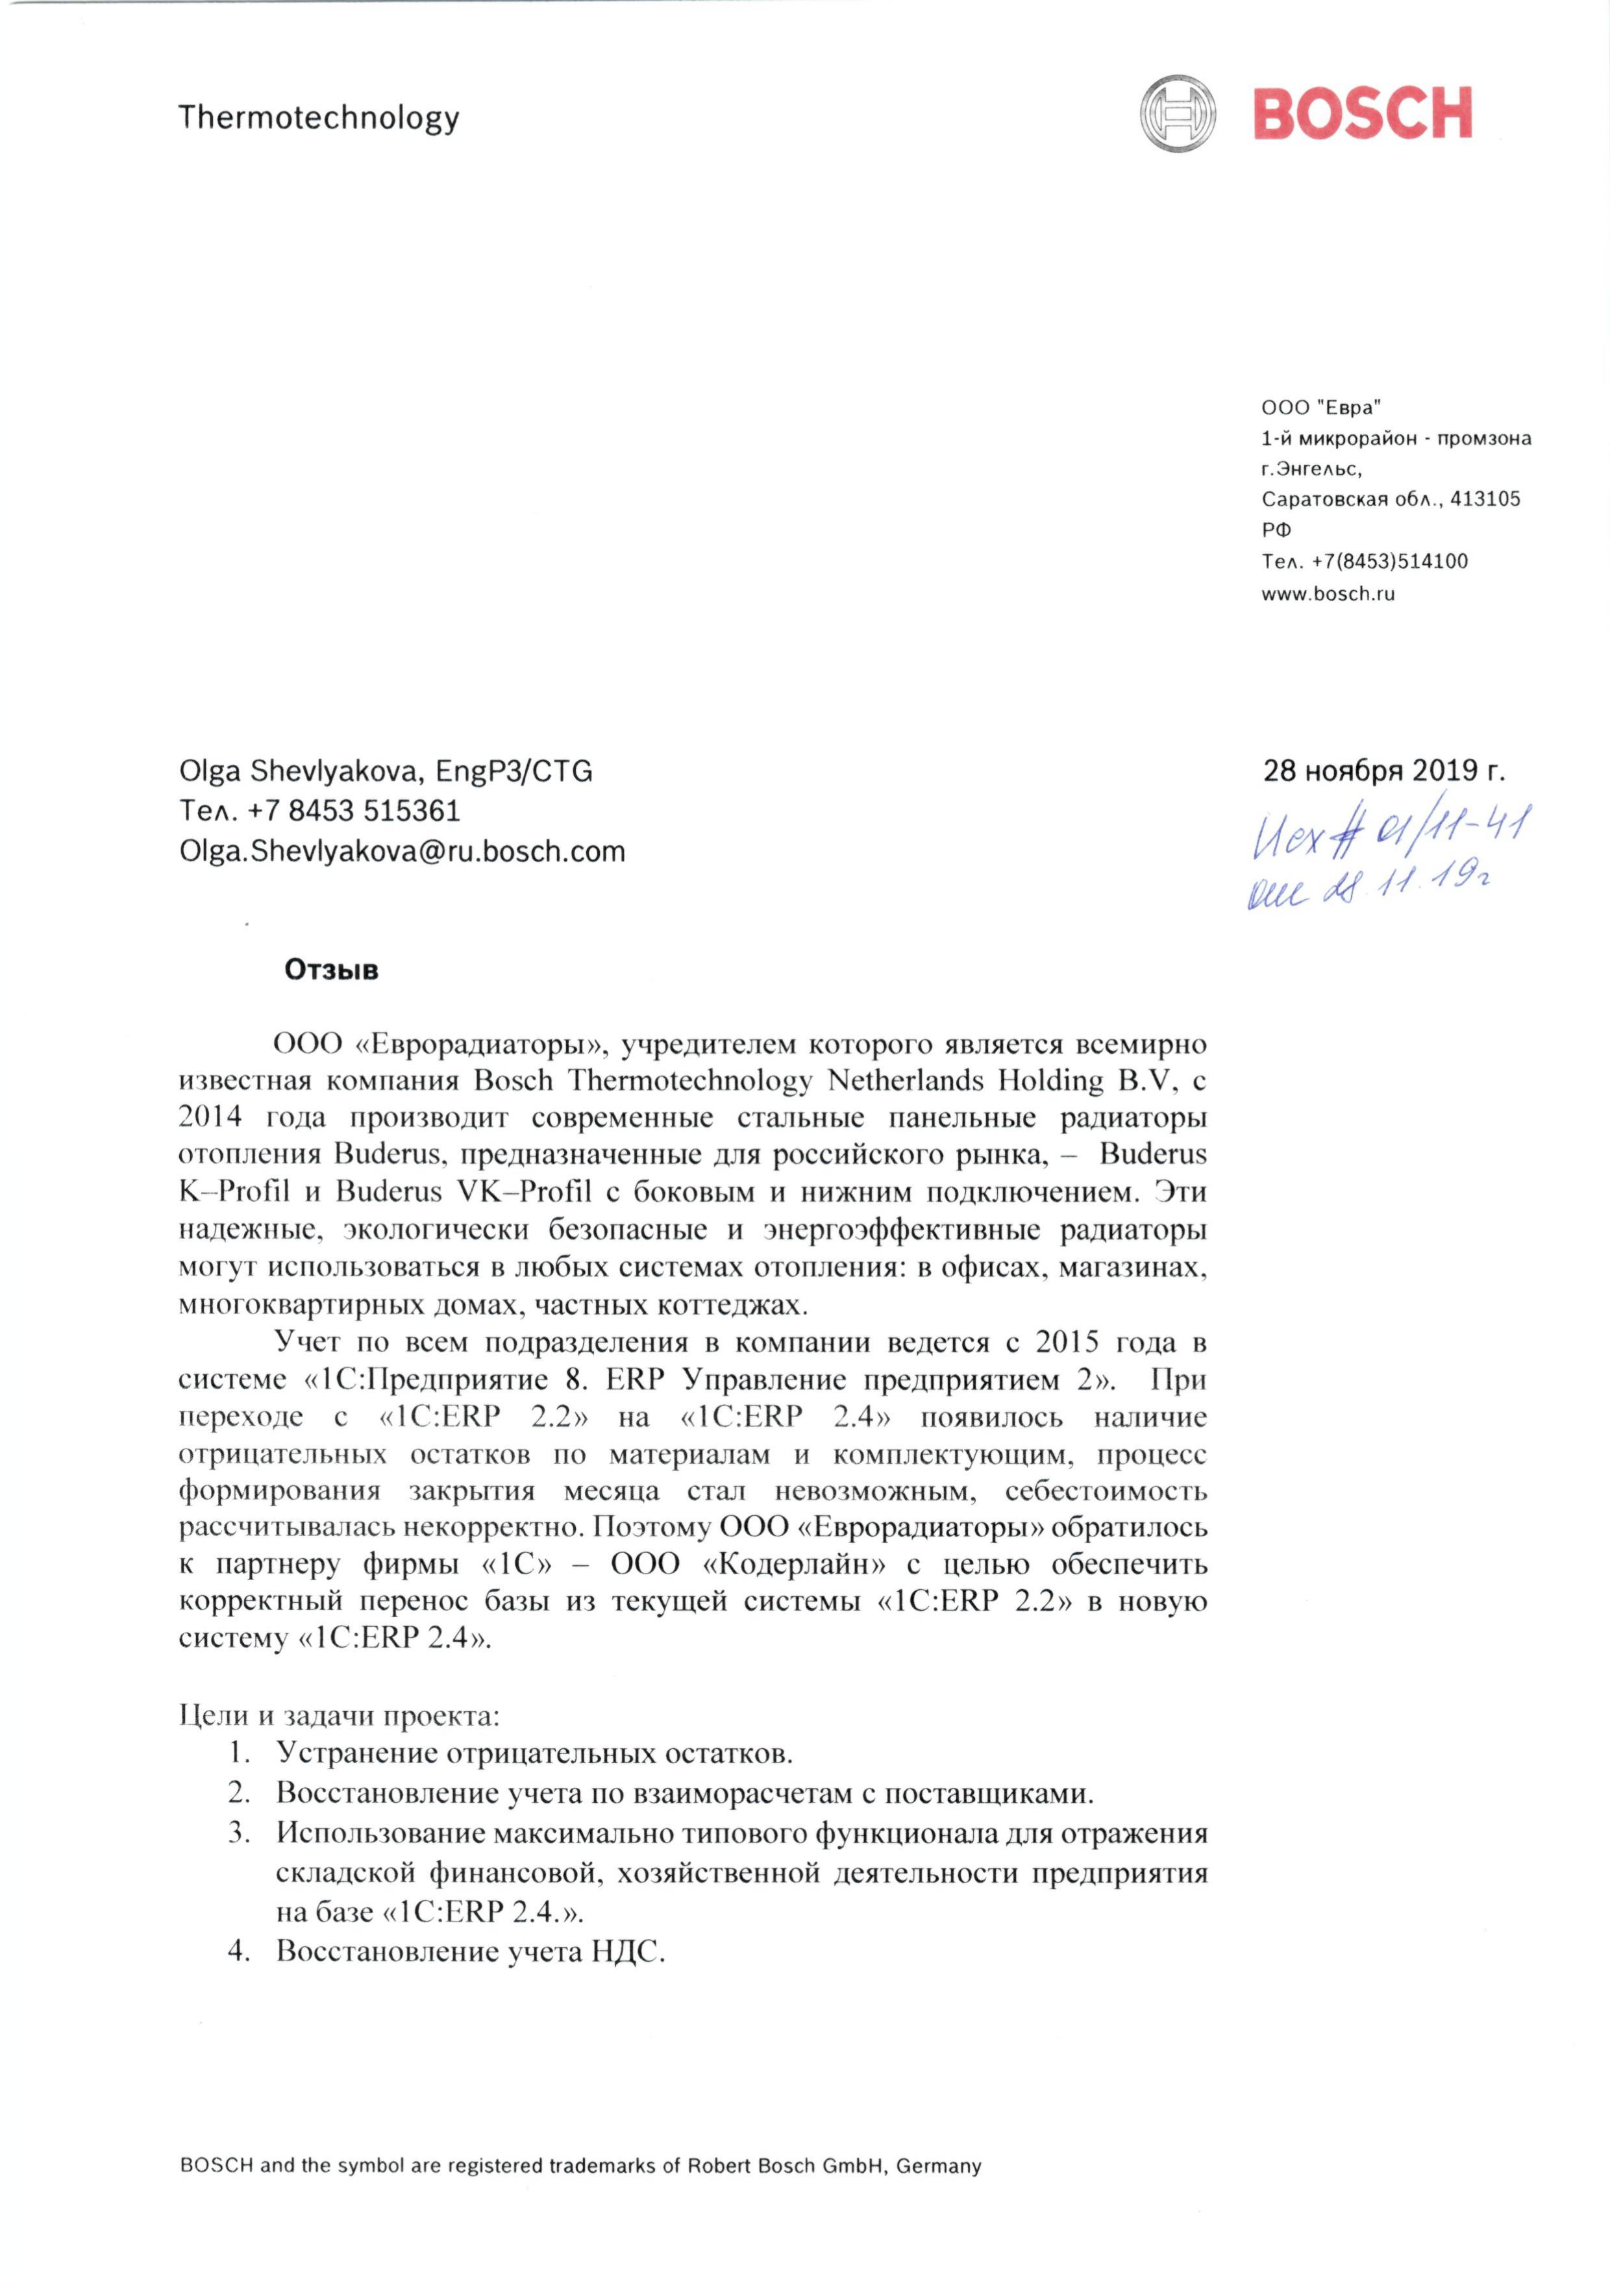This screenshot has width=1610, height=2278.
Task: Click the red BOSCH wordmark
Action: tap(1362, 114)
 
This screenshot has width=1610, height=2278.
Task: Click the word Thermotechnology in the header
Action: tap(318, 118)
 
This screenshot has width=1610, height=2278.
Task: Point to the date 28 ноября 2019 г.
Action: tap(1383, 771)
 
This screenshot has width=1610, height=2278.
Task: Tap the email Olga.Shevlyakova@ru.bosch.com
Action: tap(402, 851)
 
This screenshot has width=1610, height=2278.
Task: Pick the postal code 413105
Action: tap(1485, 499)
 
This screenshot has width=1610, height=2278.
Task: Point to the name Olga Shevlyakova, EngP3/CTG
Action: tap(386, 771)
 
